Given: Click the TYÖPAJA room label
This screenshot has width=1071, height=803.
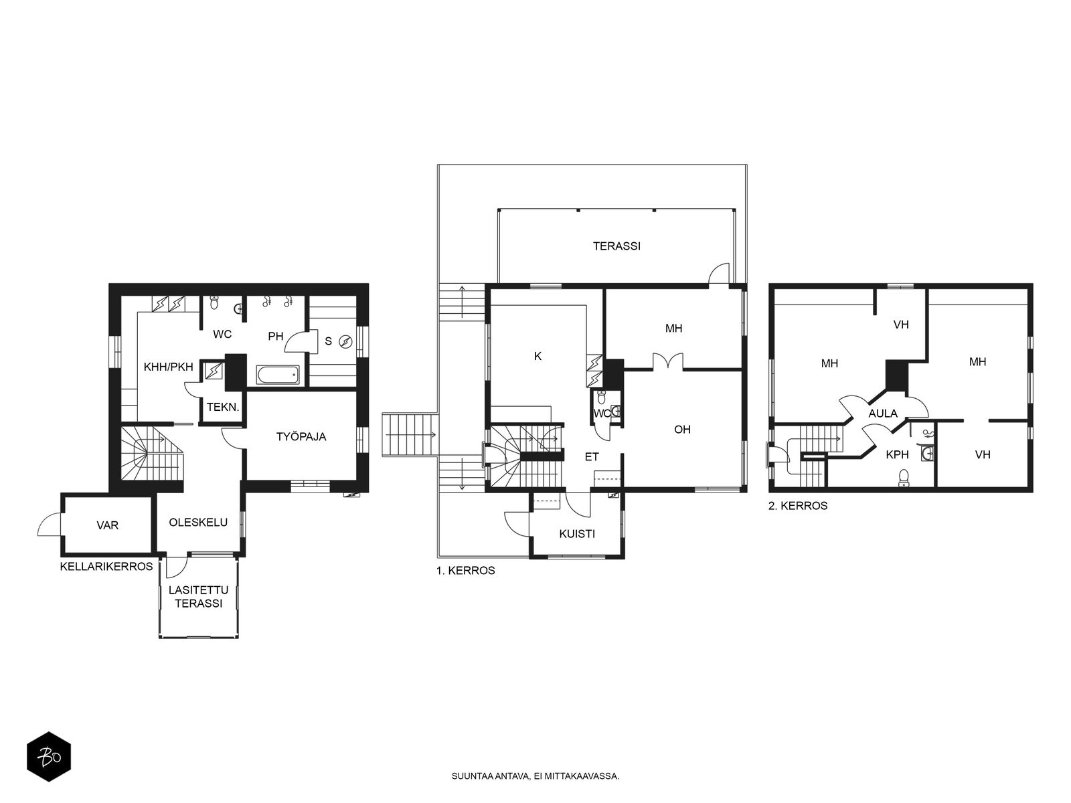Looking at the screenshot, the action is (x=301, y=436).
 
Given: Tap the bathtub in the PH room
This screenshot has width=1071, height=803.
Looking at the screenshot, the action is (x=278, y=375).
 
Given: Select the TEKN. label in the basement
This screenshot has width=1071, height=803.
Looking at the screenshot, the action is (x=223, y=407).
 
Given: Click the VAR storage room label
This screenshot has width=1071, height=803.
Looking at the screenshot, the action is (x=107, y=525).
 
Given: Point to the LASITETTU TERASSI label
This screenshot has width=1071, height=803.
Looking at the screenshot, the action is (x=199, y=596).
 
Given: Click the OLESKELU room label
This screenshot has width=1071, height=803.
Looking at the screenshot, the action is (x=198, y=522).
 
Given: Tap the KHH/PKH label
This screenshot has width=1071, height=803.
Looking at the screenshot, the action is (x=168, y=367).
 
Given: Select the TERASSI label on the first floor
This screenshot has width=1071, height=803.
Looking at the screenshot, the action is (x=616, y=246).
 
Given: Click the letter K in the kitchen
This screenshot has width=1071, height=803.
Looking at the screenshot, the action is (x=538, y=357).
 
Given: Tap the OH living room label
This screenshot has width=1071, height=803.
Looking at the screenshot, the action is (x=682, y=429).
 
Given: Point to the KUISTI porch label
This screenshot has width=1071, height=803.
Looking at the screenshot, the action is (x=577, y=534).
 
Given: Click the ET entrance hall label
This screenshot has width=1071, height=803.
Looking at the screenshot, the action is (x=592, y=457).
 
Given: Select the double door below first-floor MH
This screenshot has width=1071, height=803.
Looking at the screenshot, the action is (x=668, y=361).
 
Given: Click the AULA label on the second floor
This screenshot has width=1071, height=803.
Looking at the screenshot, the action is (x=883, y=414).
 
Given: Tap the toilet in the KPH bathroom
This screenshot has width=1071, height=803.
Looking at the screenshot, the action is (x=904, y=478).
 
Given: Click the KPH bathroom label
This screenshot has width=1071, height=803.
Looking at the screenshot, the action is (x=898, y=454).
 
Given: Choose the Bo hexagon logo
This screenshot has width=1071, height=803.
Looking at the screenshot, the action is (x=49, y=757).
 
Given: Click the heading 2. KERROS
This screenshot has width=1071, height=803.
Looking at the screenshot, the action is (x=798, y=506).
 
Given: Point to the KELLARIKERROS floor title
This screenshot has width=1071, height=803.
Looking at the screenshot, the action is (x=106, y=567).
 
